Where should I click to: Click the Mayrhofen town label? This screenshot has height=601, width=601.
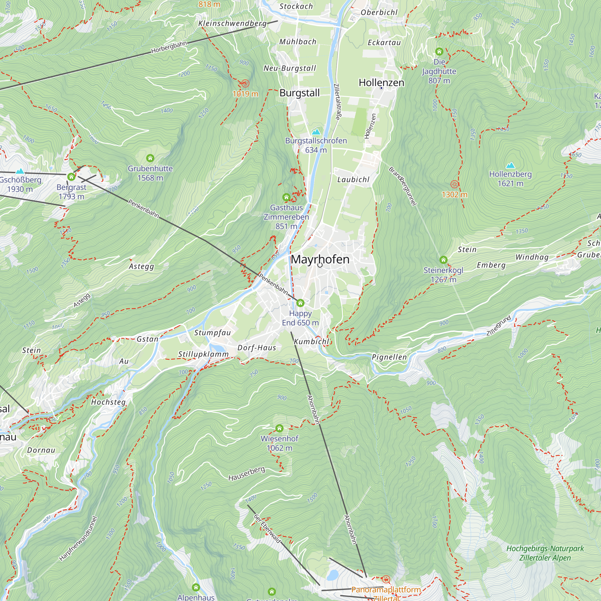point(320,259)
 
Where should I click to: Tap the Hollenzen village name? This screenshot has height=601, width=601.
point(381,83)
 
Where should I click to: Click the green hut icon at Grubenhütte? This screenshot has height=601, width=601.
point(150,158)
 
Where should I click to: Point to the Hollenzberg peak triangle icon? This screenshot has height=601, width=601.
point(511,165)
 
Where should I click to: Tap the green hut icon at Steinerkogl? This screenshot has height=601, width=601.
point(444,260)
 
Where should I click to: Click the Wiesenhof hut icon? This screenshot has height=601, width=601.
point(279,428)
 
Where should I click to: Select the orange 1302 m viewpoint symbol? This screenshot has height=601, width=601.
point(454,184)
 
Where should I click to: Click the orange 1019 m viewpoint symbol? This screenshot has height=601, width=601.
point(245,83)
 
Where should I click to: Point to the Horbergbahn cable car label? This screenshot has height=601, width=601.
point(169,47)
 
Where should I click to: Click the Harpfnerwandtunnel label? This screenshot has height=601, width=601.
point(78,538)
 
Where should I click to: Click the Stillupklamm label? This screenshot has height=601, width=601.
point(203,354)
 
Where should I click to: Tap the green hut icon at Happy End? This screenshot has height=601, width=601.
point(300,303)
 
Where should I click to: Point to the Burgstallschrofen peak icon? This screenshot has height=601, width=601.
point(316,132)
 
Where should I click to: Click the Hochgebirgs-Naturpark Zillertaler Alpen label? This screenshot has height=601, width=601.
point(545,553)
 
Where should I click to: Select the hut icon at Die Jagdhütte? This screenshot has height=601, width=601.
point(439,51)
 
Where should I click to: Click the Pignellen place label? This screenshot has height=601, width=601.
point(389,357)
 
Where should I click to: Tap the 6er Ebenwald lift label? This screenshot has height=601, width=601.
point(267,529)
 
